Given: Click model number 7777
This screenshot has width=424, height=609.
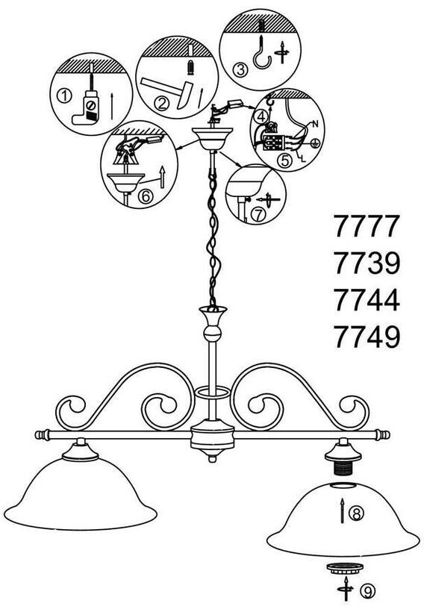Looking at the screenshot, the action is (x=367, y=226).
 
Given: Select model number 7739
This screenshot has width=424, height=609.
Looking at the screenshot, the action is (x=367, y=263).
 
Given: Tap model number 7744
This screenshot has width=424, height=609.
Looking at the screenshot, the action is (x=367, y=300).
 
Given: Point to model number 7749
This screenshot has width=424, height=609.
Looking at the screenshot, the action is (x=367, y=337).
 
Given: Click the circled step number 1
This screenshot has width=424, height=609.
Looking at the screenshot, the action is (x=64, y=96).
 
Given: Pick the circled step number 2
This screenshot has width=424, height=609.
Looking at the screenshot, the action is (x=162, y=104).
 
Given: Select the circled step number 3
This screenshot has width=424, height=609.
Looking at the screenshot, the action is (x=240, y=70).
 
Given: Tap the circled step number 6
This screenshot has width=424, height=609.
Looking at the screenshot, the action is (x=146, y=196).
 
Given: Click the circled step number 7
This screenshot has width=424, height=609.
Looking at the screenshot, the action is (x=258, y=214).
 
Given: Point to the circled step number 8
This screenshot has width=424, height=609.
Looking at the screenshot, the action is (x=356, y=513).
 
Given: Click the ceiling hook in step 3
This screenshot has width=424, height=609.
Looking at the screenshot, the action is (x=263, y=51).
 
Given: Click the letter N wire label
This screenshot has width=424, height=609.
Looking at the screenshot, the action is (x=315, y=125).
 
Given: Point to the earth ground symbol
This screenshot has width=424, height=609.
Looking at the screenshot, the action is (x=314, y=144).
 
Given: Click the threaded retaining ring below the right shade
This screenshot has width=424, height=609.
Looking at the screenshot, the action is (x=345, y=568).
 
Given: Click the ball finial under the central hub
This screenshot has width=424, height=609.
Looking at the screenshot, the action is (x=212, y=459).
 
